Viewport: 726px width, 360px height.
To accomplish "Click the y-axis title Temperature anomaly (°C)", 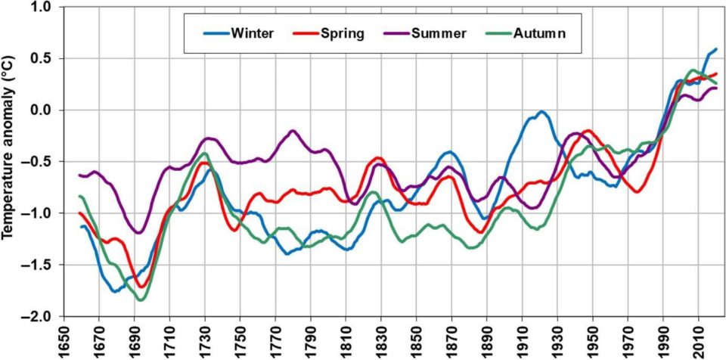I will (10, 160).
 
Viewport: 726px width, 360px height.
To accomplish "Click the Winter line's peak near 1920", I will (541, 112).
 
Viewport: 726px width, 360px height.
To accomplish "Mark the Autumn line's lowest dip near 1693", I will (140, 300).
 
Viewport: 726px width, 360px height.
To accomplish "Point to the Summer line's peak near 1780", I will (293, 132).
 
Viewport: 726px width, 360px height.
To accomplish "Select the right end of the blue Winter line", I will (715, 49).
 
